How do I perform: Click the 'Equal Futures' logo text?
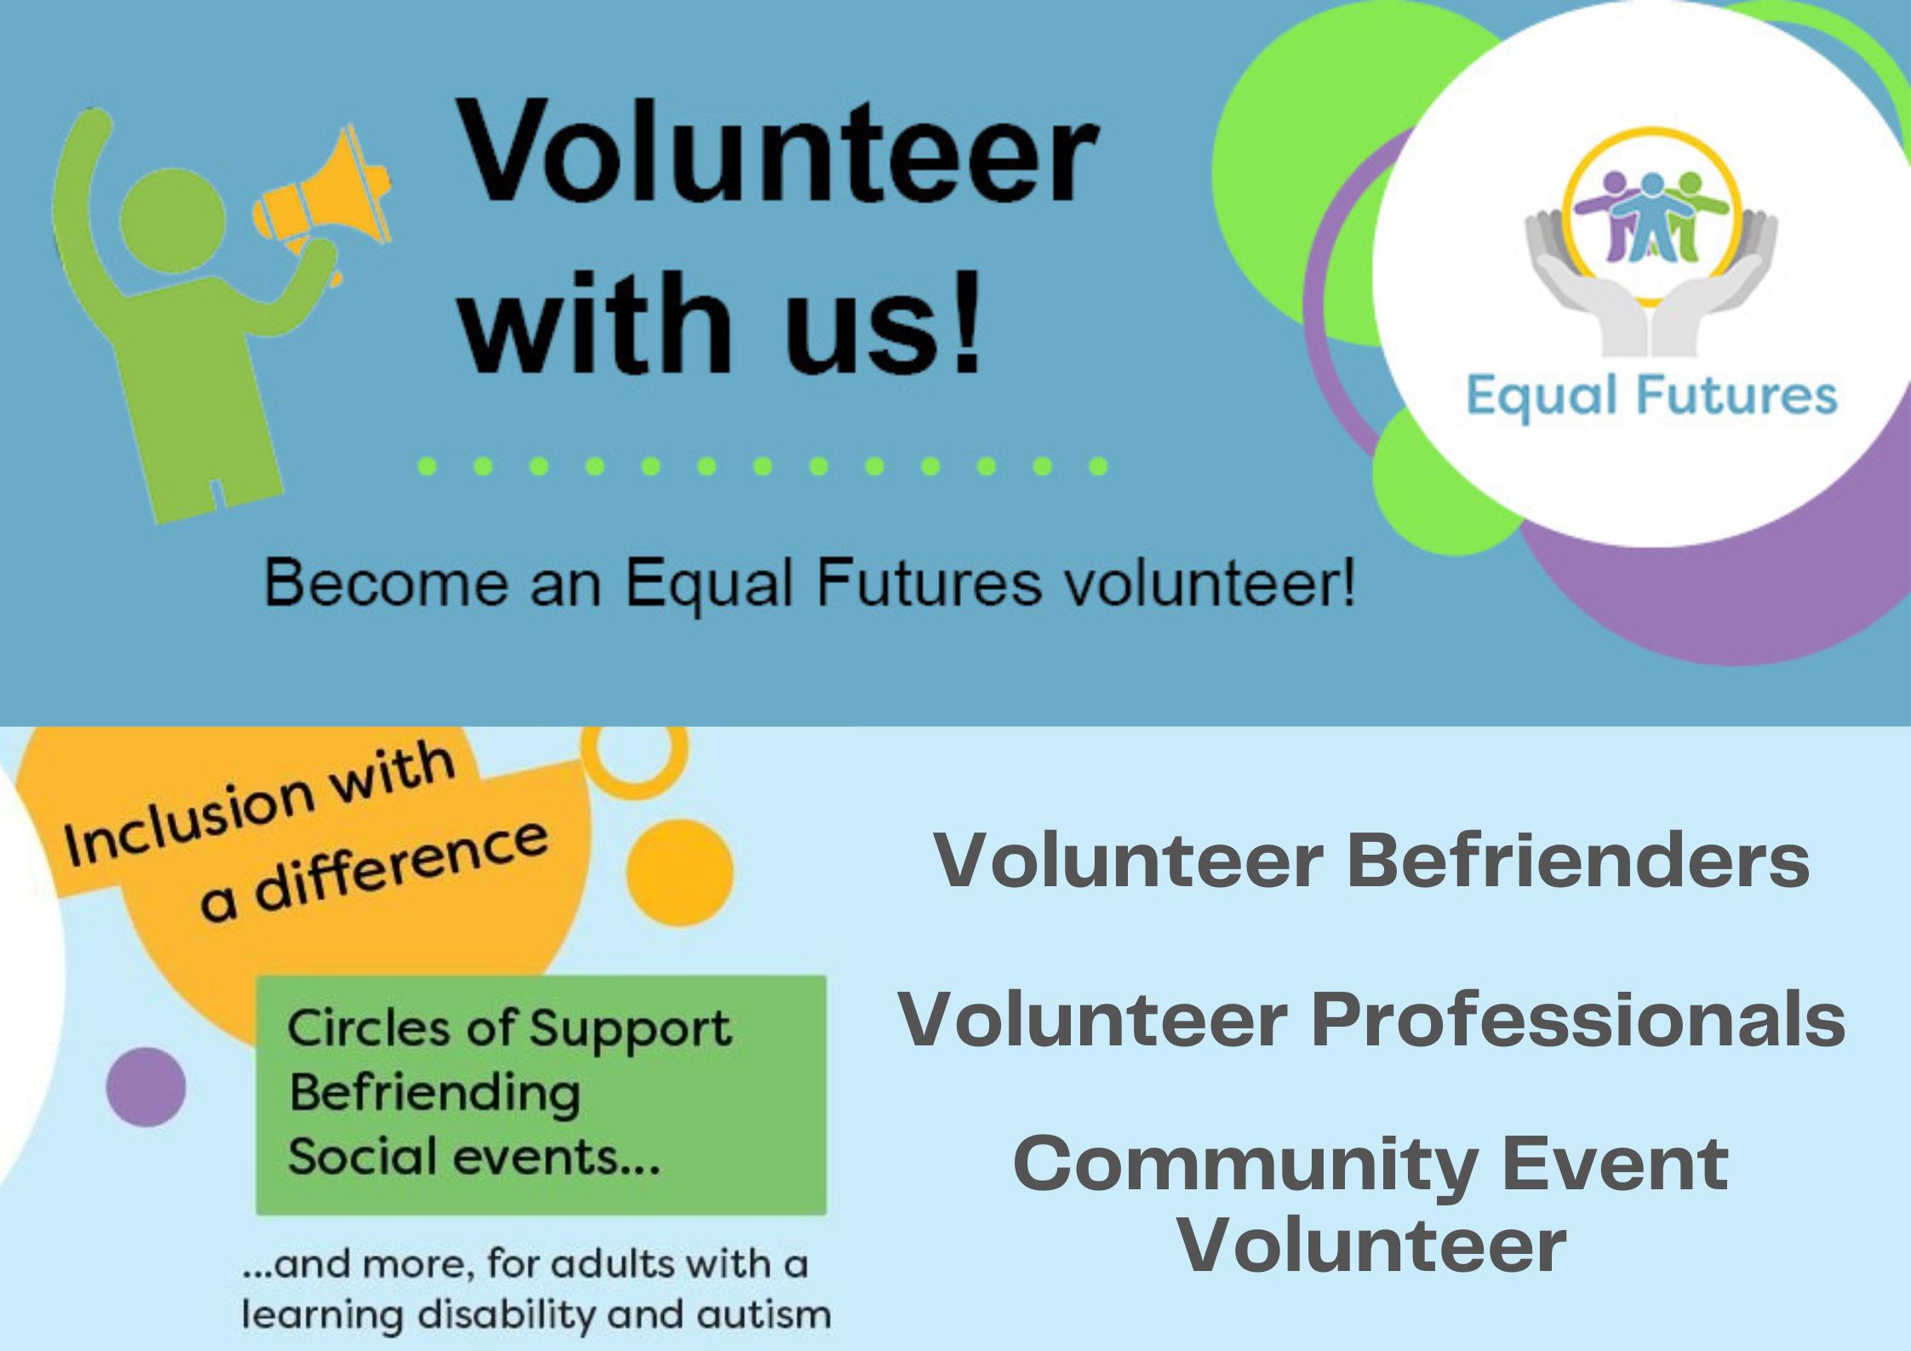pyautogui.click(x=1651, y=397)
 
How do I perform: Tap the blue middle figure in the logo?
pyautogui.click(x=1652, y=217)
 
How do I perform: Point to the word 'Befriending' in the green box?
pyautogui.click(x=435, y=1093)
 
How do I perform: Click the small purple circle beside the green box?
pyautogui.click(x=146, y=1087)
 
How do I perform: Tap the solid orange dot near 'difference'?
pyautogui.click(x=679, y=873)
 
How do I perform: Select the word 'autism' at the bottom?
pyautogui.click(x=764, y=1314)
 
